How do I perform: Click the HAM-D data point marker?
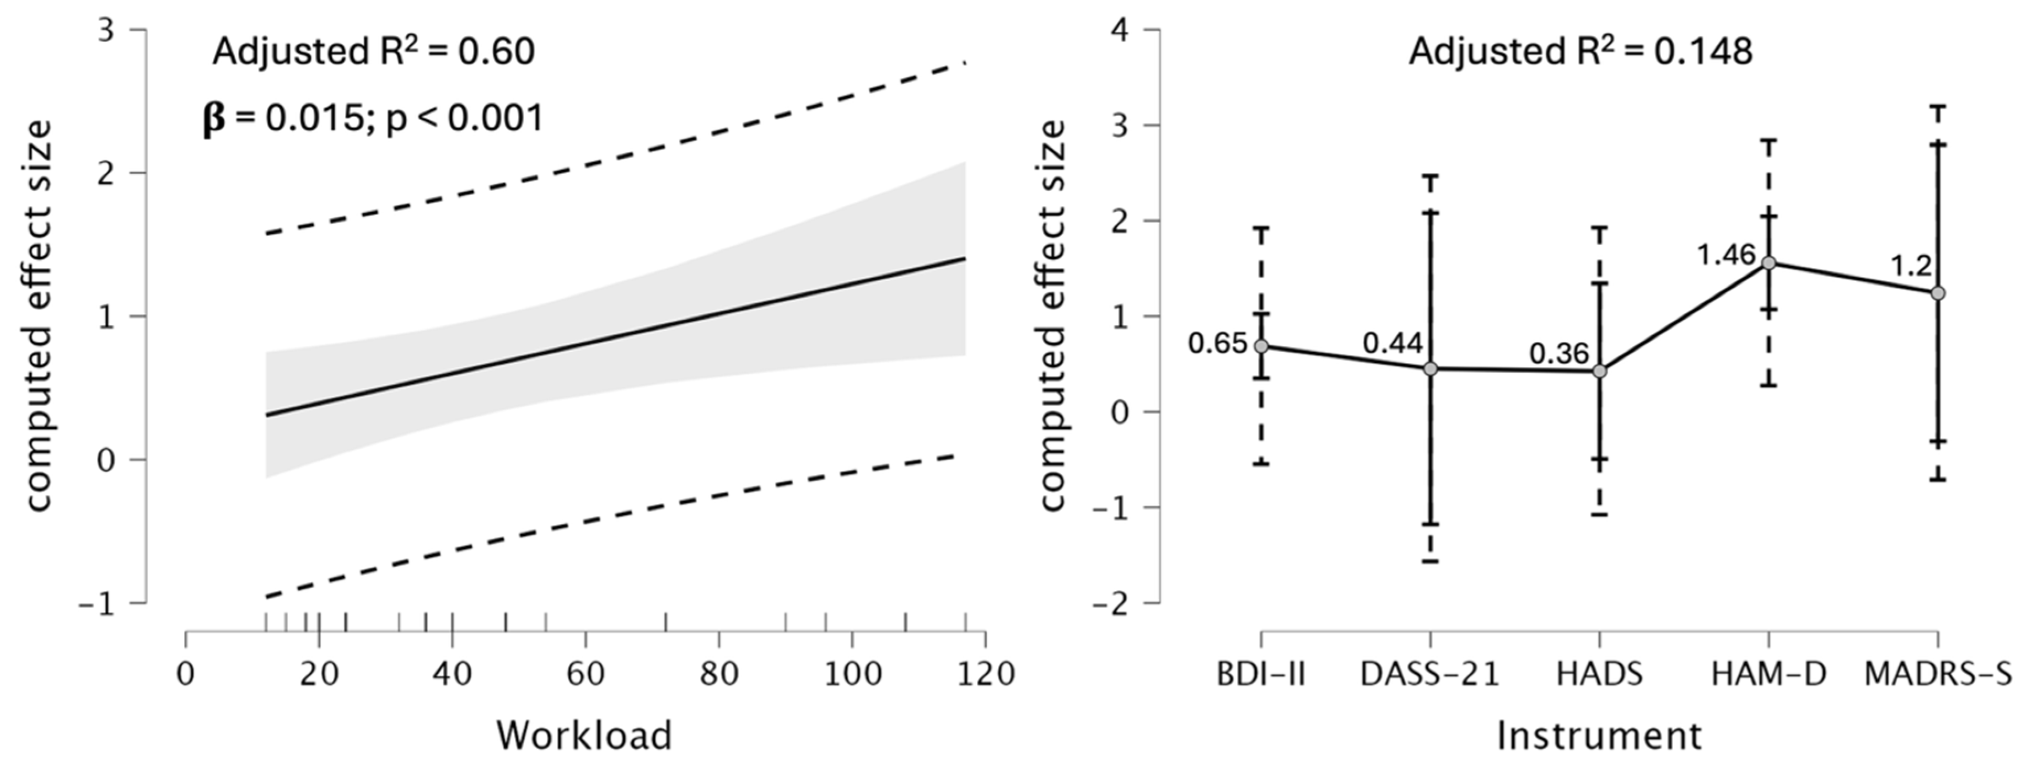pyautogui.click(x=1769, y=263)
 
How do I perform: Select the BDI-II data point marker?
pyautogui.click(x=1261, y=346)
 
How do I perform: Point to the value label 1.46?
pyautogui.click(x=1726, y=255)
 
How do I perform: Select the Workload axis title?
pyautogui.click(x=584, y=736)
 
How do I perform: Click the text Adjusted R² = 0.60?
pyautogui.click(x=373, y=52)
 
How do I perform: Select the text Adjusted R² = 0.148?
pyautogui.click(x=1580, y=52)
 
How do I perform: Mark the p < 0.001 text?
pyautogui.click(x=464, y=119)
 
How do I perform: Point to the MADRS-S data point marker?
pyautogui.click(x=1937, y=293)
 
